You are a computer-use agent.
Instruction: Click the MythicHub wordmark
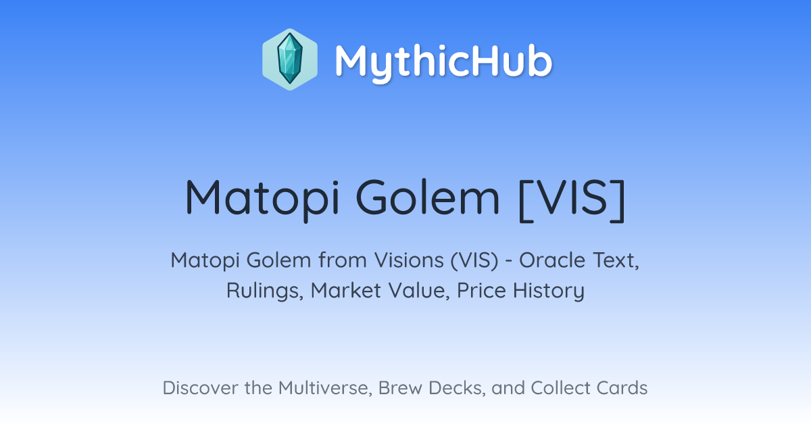pyautogui.click(x=443, y=62)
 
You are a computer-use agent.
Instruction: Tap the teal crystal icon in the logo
pyautogui.click(x=290, y=59)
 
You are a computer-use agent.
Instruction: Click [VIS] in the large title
pyautogui.click(x=572, y=200)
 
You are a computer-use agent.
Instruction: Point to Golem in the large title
pyautogui.click(x=428, y=197)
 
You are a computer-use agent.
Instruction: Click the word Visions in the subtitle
pyautogui.click(x=409, y=260)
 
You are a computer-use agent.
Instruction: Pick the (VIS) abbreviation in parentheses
pyautogui.click(x=474, y=260)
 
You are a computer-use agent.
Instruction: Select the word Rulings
pyautogui.click(x=265, y=291)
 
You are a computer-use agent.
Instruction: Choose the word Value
pyautogui.click(x=419, y=291)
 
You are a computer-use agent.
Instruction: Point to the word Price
pyautogui.click(x=481, y=290)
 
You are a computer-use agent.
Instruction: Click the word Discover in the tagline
pyautogui.click(x=200, y=387)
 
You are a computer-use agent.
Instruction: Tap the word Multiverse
pyautogui.click(x=325, y=388)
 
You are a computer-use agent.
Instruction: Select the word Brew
pyautogui.click(x=400, y=387)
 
